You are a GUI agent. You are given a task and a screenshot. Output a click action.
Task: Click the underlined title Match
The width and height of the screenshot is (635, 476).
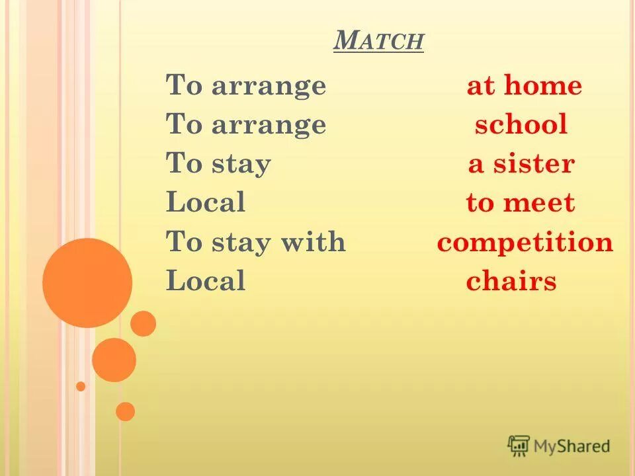click(x=378, y=42)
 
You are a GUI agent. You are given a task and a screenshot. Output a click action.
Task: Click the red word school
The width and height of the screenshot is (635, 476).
click(x=521, y=125)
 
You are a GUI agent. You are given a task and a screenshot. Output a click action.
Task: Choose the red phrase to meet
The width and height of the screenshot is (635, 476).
click(x=521, y=203)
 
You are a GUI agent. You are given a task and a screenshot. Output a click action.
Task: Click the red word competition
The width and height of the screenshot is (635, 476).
click(x=525, y=243)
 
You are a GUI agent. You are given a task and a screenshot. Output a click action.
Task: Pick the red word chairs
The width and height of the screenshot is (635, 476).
click(x=511, y=282)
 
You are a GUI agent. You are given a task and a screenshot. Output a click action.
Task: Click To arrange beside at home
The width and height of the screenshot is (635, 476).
click(x=246, y=87)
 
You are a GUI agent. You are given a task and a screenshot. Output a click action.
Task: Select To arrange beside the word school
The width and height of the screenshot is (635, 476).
click(x=246, y=125)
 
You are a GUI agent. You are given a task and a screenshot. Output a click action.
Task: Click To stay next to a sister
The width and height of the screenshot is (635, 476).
click(x=218, y=164)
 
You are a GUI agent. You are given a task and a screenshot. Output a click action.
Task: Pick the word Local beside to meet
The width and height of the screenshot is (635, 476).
click(x=206, y=202)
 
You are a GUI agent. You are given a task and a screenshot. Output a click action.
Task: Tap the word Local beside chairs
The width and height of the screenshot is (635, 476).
click(x=206, y=281)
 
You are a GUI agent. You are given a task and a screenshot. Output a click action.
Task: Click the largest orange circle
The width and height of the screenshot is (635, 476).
click(x=87, y=283)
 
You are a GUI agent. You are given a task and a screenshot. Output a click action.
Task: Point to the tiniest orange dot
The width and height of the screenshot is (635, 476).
click(x=81, y=386)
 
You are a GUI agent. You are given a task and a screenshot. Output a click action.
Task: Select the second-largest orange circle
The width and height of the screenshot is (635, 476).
click(x=114, y=360)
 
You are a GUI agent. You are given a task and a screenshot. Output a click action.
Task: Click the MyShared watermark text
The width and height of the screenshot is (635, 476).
click(x=571, y=446)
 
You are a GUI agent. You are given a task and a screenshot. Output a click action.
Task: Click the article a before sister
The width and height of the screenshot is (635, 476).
click(x=476, y=165)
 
